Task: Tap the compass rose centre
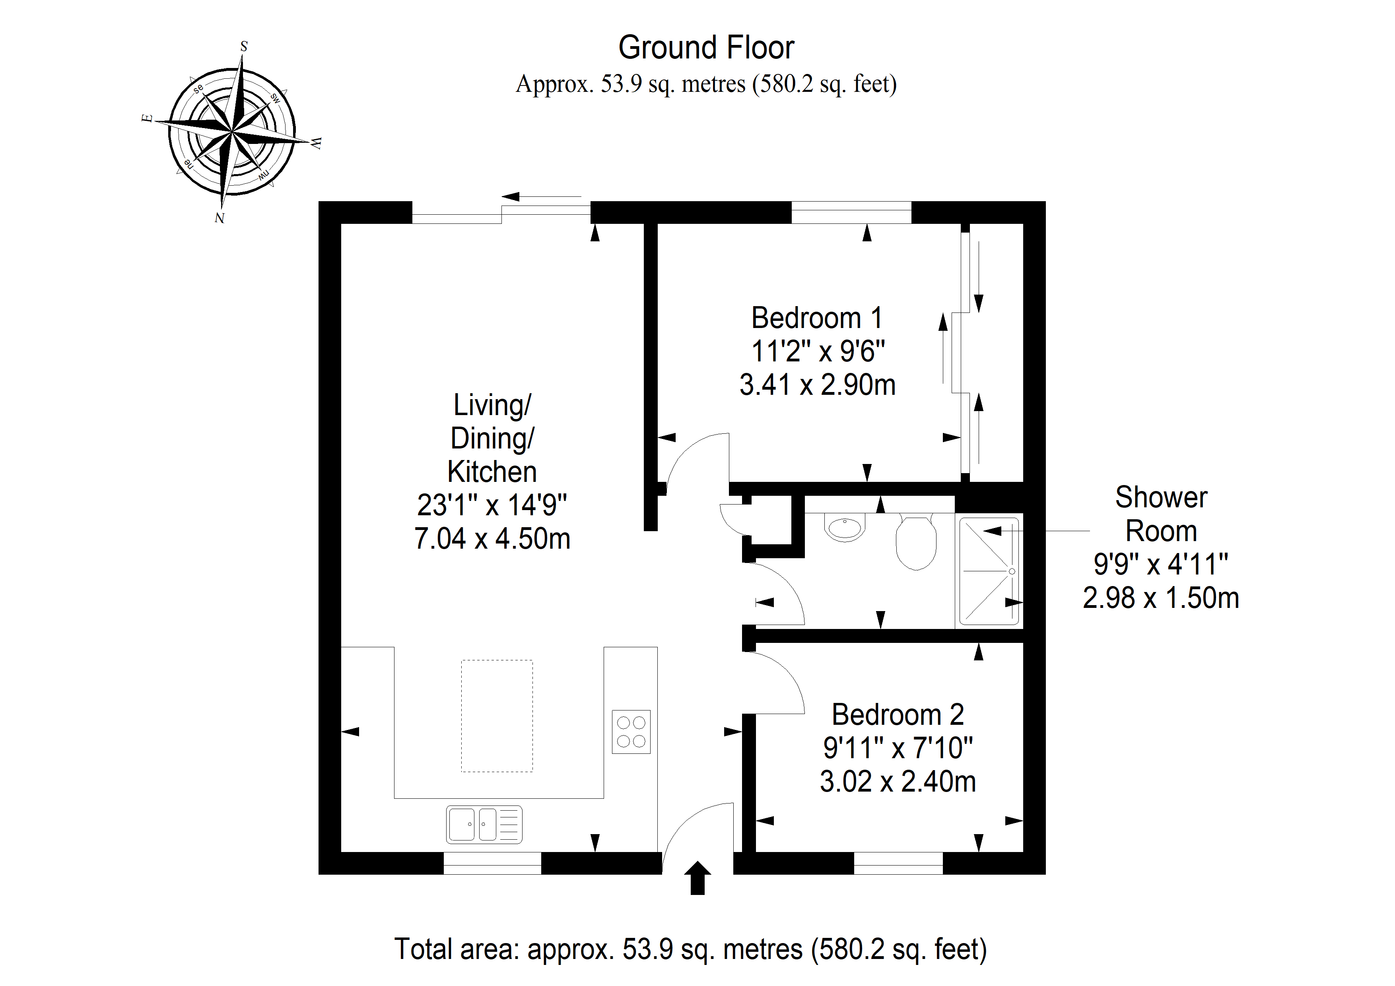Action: tap(232, 131)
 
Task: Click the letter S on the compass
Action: tap(244, 46)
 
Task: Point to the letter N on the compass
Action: tap(220, 217)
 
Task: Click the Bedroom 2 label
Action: tap(898, 714)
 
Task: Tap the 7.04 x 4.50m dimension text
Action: tap(492, 538)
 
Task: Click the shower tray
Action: tap(989, 571)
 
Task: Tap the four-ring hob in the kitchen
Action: tap(631, 732)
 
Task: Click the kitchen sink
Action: tap(484, 825)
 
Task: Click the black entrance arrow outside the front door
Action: tap(697, 878)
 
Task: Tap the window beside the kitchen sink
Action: tap(492, 863)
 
